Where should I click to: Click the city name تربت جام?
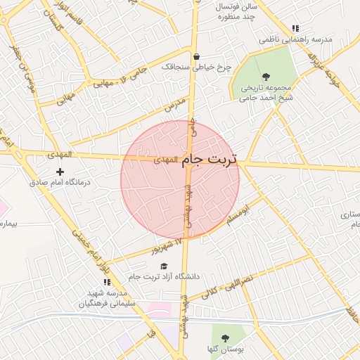pyautogui.click(x=210, y=160)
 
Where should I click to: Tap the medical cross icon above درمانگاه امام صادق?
pyautogui.click(x=60, y=172)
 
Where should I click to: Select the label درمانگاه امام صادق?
pyautogui.click(x=61, y=181)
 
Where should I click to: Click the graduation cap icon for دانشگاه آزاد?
pyautogui.click(x=164, y=266)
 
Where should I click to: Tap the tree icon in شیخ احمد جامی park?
pyautogui.click(x=265, y=77)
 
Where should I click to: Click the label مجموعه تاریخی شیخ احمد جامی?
pyautogui.click(x=265, y=94)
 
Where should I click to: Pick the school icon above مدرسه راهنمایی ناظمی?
pyautogui.click(x=295, y=29)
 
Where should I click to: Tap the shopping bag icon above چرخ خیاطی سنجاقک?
pyautogui.click(x=195, y=56)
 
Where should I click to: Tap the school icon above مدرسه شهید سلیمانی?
pyautogui.click(x=107, y=282)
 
